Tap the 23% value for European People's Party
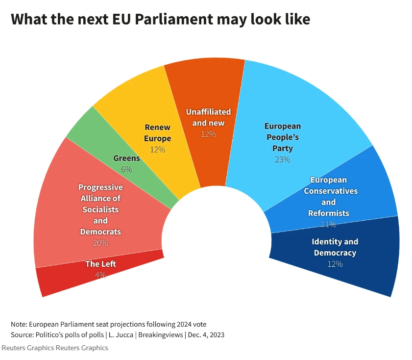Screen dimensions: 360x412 [282, 159]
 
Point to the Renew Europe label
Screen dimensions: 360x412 [158, 133]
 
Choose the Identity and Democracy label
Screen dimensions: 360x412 [335, 247]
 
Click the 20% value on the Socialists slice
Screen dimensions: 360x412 [100, 243]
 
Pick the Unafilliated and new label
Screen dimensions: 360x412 [208, 117]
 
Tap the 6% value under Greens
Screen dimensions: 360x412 [126, 169]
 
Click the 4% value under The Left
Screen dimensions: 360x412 [100, 275]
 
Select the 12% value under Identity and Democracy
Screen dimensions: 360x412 [335, 264]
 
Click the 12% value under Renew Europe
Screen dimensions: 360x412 [158, 150]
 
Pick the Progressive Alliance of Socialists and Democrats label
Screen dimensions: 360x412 [100, 209]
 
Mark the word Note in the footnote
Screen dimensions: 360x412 [19, 324]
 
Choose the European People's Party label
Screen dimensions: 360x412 [282, 137]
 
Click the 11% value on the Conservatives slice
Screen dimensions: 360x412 [329, 224]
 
